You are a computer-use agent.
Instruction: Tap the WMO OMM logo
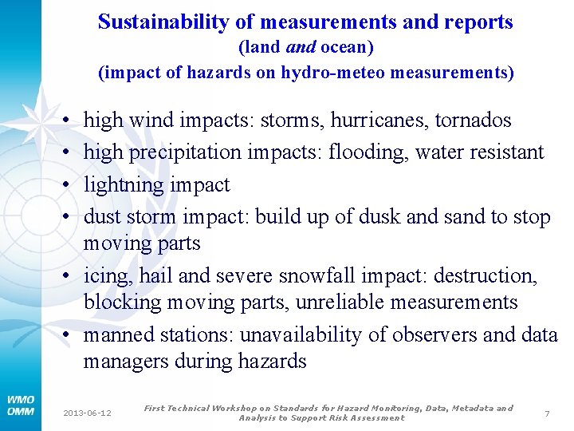(20, 405)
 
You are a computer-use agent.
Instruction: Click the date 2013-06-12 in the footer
(88, 413)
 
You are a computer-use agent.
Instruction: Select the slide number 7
(547, 413)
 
